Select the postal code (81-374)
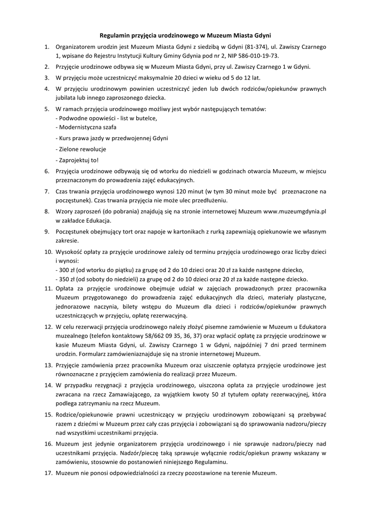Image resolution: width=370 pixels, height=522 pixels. click(224, 47)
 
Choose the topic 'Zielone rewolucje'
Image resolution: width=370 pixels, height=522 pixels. click(82, 149)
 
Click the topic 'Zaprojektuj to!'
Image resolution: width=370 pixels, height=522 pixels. click(79, 160)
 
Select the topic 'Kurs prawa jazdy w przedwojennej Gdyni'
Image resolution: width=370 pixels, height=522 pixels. click(113, 138)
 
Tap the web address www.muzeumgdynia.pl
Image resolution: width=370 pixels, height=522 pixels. click(294, 211)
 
